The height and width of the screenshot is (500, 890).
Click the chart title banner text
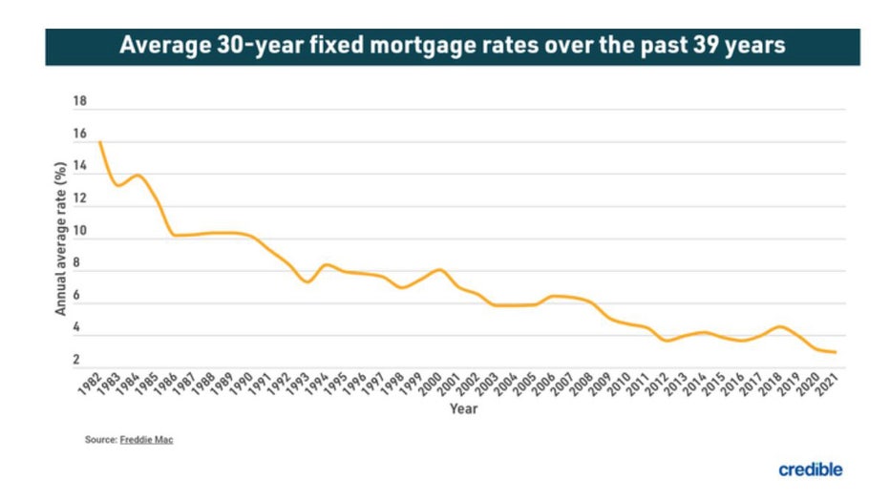coord(452,46)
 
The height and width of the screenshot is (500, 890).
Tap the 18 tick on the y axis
coord(79,101)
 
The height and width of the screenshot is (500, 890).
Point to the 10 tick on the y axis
coord(79,232)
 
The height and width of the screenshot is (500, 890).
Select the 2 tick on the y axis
coord(81,360)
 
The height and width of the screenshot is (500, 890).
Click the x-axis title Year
coord(463,409)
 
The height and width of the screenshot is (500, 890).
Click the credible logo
coord(810,469)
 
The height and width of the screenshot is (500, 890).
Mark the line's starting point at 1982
coord(99,142)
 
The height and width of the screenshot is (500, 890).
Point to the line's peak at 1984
coord(138,176)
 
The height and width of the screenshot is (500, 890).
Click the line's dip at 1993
coord(307,281)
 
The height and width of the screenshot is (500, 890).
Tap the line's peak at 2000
coord(438,270)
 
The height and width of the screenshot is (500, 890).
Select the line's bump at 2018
coord(779,326)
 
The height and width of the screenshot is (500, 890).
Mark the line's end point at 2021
coord(836,352)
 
